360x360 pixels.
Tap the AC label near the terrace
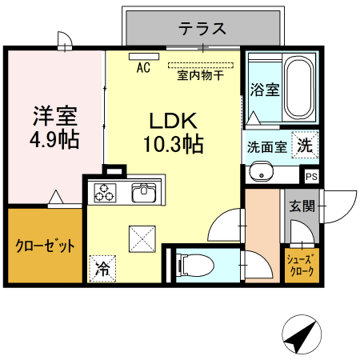[x=143, y=67]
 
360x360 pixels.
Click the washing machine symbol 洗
[x=305, y=146]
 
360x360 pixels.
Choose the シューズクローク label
[x=302, y=265]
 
